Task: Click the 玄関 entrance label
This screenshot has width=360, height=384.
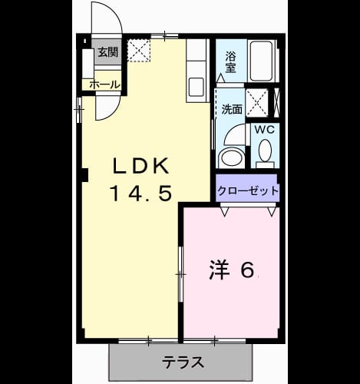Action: click(x=108, y=52)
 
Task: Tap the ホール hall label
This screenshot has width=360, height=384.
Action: click(x=104, y=84)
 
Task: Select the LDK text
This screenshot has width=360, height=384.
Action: click(x=141, y=166)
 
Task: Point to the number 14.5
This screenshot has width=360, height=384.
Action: click(x=140, y=193)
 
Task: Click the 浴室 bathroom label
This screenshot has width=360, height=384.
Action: click(x=230, y=61)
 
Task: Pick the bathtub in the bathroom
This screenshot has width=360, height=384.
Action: click(x=261, y=61)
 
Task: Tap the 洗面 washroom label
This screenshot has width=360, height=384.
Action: click(x=232, y=109)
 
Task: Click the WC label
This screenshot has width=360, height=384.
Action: click(x=265, y=130)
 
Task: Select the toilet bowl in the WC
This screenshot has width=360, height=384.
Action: click(x=265, y=151)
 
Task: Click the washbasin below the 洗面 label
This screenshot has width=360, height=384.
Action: click(x=231, y=157)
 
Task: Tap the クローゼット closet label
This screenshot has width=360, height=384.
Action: click(x=247, y=190)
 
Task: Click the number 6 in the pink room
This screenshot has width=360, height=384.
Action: click(x=247, y=270)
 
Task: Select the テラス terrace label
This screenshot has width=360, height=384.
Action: click(x=183, y=362)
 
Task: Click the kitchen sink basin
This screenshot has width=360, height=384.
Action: click(x=197, y=87)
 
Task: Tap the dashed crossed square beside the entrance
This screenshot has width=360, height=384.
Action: click(x=139, y=51)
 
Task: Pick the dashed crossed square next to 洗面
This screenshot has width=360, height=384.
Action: click(x=257, y=103)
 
